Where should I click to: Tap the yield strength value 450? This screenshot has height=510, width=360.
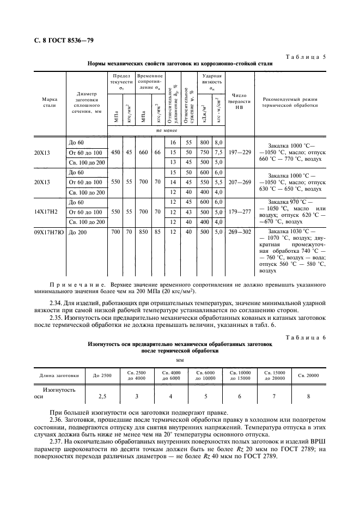click(115, 153)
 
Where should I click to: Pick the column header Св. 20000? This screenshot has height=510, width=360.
click(309, 375)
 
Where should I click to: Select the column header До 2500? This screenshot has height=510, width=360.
click(102, 375)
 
